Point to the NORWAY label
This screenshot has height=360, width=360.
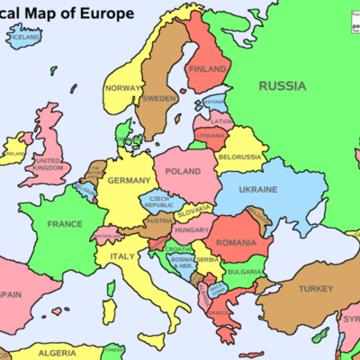pyautogui.click(x=123, y=88)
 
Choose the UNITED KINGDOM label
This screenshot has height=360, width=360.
pyautogui.click(x=48, y=165)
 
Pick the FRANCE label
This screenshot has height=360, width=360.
pyautogui.click(x=65, y=223)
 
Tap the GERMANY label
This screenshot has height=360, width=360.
pyautogui.click(x=129, y=181)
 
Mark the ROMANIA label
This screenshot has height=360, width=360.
pyautogui.click(x=237, y=243)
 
